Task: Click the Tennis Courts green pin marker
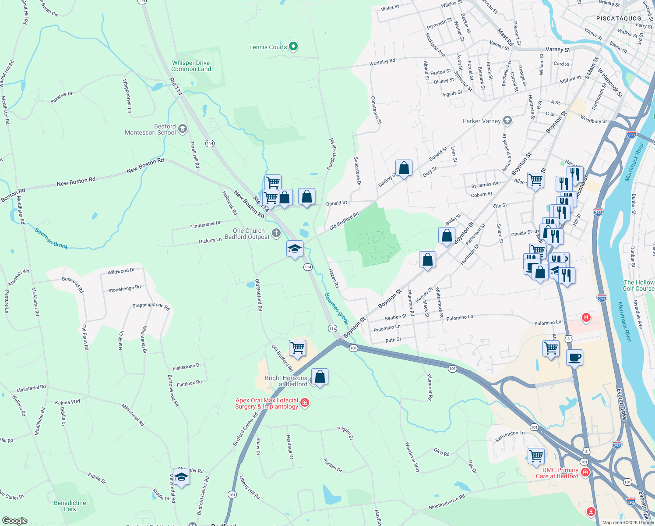[294, 46]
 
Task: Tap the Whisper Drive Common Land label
[191, 66]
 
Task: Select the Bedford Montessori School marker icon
[183, 129]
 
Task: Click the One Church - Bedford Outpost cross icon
[276, 233]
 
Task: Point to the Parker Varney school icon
[507, 121]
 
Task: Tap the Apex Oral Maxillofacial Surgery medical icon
[305, 402]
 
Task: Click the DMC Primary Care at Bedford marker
[585, 473]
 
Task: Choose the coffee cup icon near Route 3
[575, 357]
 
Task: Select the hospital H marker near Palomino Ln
[586, 317]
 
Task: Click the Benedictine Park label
[70, 506]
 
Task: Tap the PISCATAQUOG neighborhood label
[619, 18]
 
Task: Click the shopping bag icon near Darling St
[404, 168]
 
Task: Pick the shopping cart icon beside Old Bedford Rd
[298, 348]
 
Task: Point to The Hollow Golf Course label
[638, 285]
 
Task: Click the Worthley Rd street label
[382, 62]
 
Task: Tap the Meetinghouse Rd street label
[447, 503]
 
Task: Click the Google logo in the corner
[15, 520]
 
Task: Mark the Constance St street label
[376, 110]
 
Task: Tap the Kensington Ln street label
[510, 435]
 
